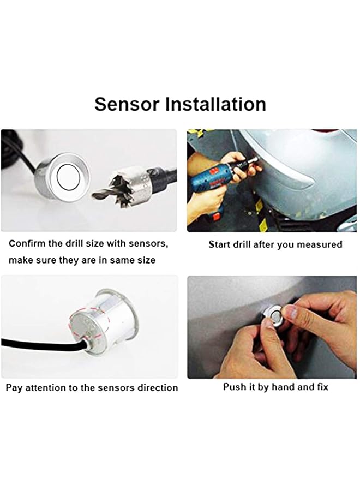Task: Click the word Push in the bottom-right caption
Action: pos(234,387)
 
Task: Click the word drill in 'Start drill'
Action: pos(244,244)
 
